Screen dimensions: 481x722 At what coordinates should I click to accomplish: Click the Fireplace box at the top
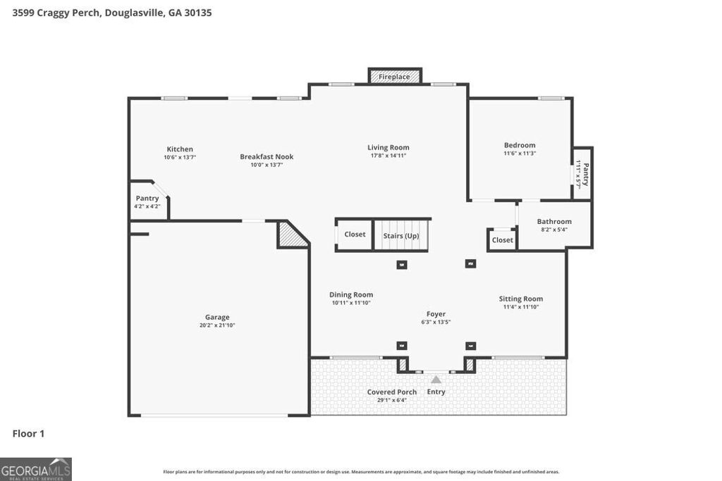tap(395, 76)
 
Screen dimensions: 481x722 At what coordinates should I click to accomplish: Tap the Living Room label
tap(388, 148)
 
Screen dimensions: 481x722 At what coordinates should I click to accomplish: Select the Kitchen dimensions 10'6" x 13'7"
tap(180, 158)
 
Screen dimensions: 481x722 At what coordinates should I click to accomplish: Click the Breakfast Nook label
tap(267, 156)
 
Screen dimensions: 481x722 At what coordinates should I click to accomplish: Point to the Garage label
tap(217, 317)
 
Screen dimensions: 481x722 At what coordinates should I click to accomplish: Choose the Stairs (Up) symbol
tap(401, 235)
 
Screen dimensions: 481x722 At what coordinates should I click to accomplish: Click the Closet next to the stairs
tap(355, 235)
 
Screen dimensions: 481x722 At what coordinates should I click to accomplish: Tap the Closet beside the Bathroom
tap(502, 240)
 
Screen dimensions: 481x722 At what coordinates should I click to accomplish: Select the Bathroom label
tap(554, 222)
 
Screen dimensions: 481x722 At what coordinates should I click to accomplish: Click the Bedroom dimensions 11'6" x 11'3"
tap(520, 154)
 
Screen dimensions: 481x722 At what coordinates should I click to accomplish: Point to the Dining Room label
tap(351, 295)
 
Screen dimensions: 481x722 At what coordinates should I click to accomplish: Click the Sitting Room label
tap(521, 299)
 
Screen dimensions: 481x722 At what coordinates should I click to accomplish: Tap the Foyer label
tap(436, 314)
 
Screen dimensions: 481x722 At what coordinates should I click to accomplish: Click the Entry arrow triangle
tap(436, 380)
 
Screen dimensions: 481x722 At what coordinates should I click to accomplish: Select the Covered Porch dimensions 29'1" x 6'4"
tap(392, 400)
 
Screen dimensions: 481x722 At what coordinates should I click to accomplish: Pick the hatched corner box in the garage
tap(290, 235)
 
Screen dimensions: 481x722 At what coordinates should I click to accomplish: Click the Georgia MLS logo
tap(36, 469)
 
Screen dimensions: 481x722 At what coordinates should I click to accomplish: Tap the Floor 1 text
tap(28, 434)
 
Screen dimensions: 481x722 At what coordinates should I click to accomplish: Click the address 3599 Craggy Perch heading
tap(112, 13)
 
